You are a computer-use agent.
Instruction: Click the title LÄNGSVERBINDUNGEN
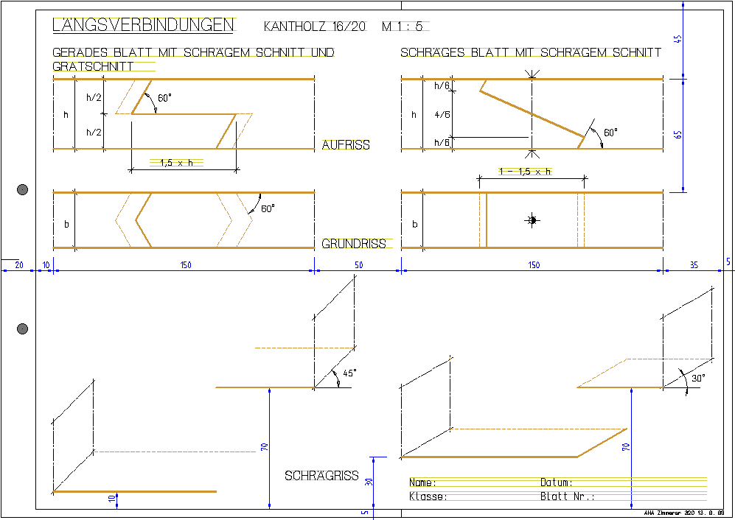pos(143,25)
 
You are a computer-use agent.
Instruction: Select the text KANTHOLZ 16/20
pos(314,27)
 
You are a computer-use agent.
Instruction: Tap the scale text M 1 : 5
pos(403,27)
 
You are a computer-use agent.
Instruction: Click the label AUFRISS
pos(346,145)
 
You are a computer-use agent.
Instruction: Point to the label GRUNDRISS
pos(354,244)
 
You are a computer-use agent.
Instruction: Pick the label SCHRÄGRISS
pos(321,476)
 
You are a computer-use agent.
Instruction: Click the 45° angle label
pos(349,373)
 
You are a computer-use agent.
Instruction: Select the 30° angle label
pos(697,377)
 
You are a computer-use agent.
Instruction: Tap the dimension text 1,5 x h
pos(176,163)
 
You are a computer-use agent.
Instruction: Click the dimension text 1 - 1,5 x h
pos(524,171)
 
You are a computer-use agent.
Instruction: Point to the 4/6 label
pos(442,114)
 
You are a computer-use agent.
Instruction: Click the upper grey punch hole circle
pos(22,191)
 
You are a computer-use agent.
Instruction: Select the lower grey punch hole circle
pos(22,328)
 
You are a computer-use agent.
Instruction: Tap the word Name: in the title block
pos(423,482)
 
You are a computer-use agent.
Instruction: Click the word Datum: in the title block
pos(557,482)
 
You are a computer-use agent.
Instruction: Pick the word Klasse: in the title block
pos(428,496)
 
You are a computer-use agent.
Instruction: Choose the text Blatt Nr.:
pos(567,496)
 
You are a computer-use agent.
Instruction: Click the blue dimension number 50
pos(358,264)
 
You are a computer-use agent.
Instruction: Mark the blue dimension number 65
pos(678,135)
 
